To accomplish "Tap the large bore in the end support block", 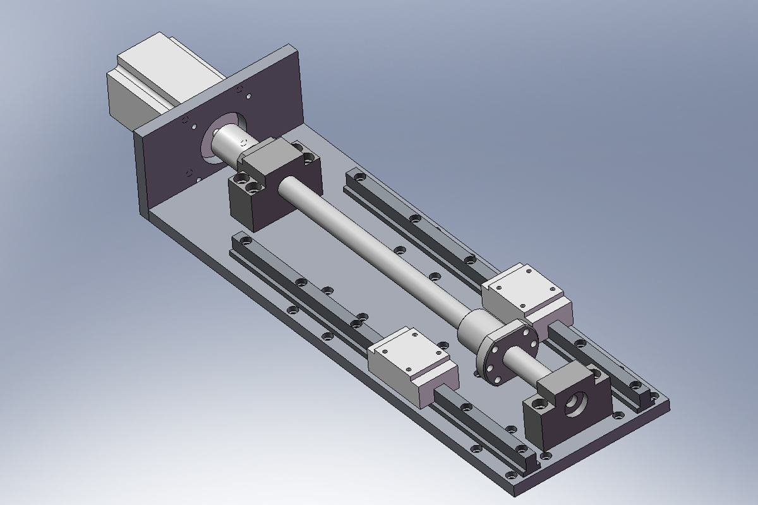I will pyautogui.click(x=577, y=404).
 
